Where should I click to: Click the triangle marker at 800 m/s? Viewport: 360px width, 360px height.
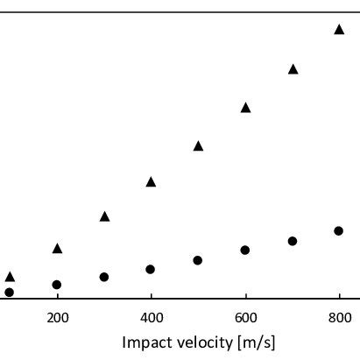pyautogui.click(x=339, y=30)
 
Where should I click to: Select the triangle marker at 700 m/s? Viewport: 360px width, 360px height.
pyautogui.click(x=293, y=68)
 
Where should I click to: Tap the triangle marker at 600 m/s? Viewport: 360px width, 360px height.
pyautogui.click(x=245, y=108)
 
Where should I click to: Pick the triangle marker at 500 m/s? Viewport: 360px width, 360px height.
pyautogui.click(x=198, y=146)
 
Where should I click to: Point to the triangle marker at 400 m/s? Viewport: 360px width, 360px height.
pyautogui.click(x=151, y=182)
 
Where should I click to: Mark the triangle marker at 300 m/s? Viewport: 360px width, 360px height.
pyautogui.click(x=104, y=216)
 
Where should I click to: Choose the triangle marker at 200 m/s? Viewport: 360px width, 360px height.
pyautogui.click(x=57, y=249)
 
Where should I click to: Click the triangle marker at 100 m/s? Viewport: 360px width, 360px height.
pyautogui.click(x=10, y=277)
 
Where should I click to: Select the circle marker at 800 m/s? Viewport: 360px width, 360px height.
pyautogui.click(x=339, y=231)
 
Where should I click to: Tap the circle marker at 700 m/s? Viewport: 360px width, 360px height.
pyautogui.click(x=293, y=241)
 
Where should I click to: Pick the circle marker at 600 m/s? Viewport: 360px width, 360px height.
pyautogui.click(x=245, y=251)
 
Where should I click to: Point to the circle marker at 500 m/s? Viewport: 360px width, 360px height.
pyautogui.click(x=198, y=260)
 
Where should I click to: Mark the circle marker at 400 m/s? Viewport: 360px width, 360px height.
pyautogui.click(x=151, y=269)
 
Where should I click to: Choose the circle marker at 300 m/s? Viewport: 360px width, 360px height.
pyautogui.click(x=104, y=277)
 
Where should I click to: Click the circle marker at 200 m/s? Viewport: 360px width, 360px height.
pyautogui.click(x=57, y=285)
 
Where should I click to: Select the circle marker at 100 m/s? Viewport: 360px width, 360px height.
pyautogui.click(x=10, y=292)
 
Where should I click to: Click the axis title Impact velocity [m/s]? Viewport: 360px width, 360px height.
pyautogui.click(x=199, y=342)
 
